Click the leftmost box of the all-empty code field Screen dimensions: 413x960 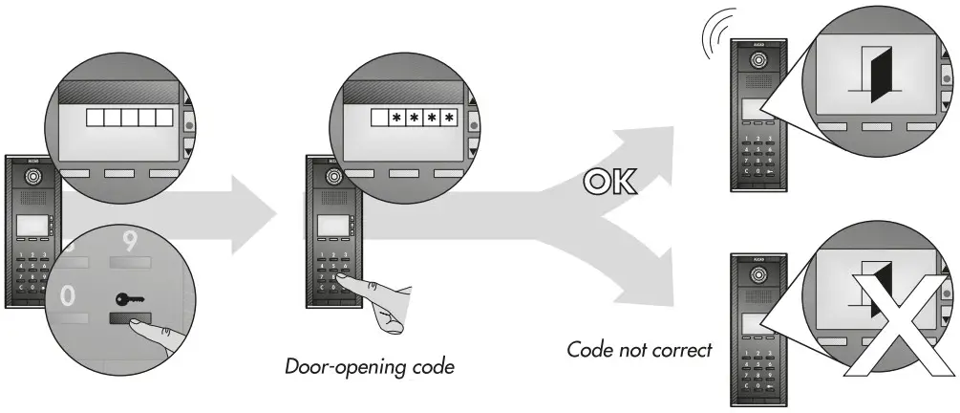(x=95, y=118)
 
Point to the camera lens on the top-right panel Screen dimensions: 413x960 (x=759, y=61)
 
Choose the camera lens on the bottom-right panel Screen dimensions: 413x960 (x=759, y=275)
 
